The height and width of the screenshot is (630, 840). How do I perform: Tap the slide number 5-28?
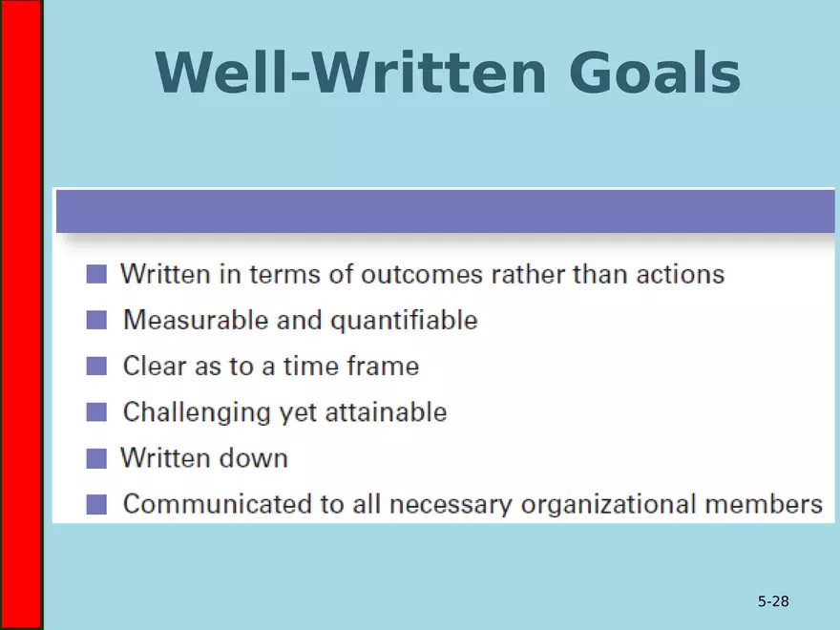tap(773, 601)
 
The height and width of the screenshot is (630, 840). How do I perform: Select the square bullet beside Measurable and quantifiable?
tap(96, 321)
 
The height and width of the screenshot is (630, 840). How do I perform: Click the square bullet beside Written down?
tap(96, 458)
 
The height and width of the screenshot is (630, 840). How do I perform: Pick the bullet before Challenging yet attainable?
tap(96, 412)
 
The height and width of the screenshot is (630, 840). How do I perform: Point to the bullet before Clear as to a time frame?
tap(96, 367)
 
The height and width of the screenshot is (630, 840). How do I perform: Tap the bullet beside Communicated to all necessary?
tap(96, 504)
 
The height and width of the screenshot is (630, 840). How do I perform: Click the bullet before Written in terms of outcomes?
tap(96, 275)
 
